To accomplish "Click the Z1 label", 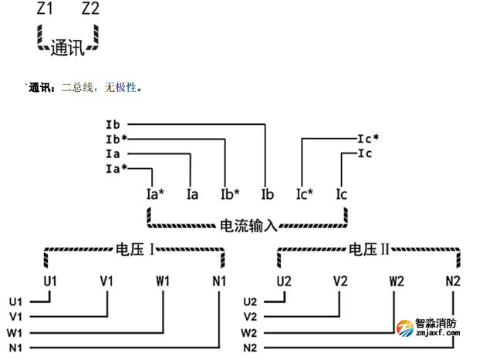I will (46, 10).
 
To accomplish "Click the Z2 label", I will (90, 10).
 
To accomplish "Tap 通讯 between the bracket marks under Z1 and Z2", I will (68, 48).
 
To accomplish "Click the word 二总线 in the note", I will (76, 88).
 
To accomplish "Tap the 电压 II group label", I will (369, 250).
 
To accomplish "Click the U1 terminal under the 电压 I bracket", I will (51, 281).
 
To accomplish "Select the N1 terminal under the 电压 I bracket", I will (219, 281).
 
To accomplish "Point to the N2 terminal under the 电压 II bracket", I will (453, 281).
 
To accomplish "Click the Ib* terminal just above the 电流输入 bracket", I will (230, 194).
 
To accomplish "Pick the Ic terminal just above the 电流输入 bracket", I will (341, 194).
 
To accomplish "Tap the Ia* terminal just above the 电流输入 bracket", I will (155, 194).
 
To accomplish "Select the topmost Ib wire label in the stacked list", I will (113, 123).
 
